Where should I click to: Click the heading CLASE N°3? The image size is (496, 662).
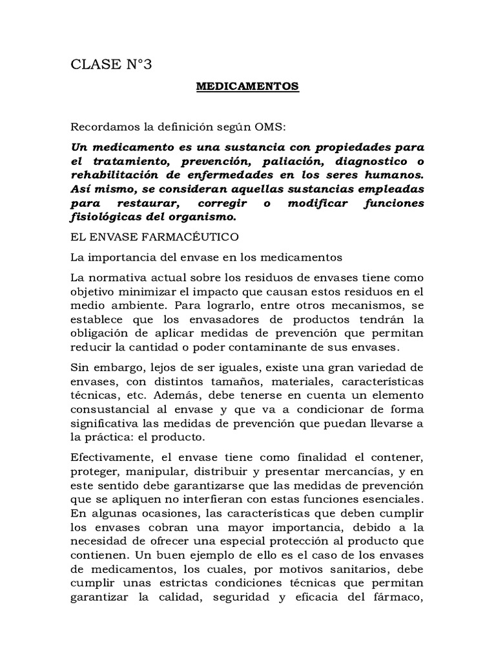coord(111,63)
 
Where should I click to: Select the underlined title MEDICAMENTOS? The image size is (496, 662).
coord(248,86)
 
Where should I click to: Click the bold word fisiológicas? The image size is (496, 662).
coord(106,217)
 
